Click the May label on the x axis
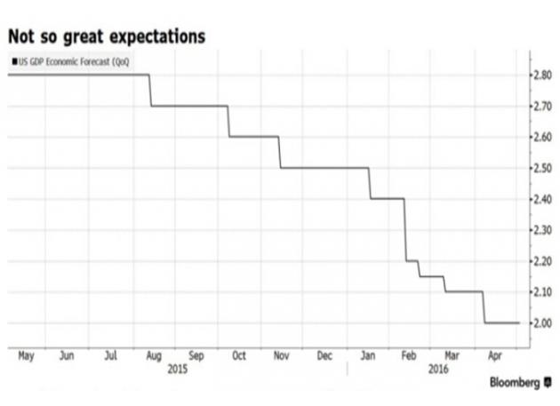(25, 355)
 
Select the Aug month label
(154, 355)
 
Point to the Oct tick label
(238, 355)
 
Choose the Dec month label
(324, 355)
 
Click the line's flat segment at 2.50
(324, 168)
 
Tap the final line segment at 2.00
(502, 322)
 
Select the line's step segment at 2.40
(388, 199)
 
